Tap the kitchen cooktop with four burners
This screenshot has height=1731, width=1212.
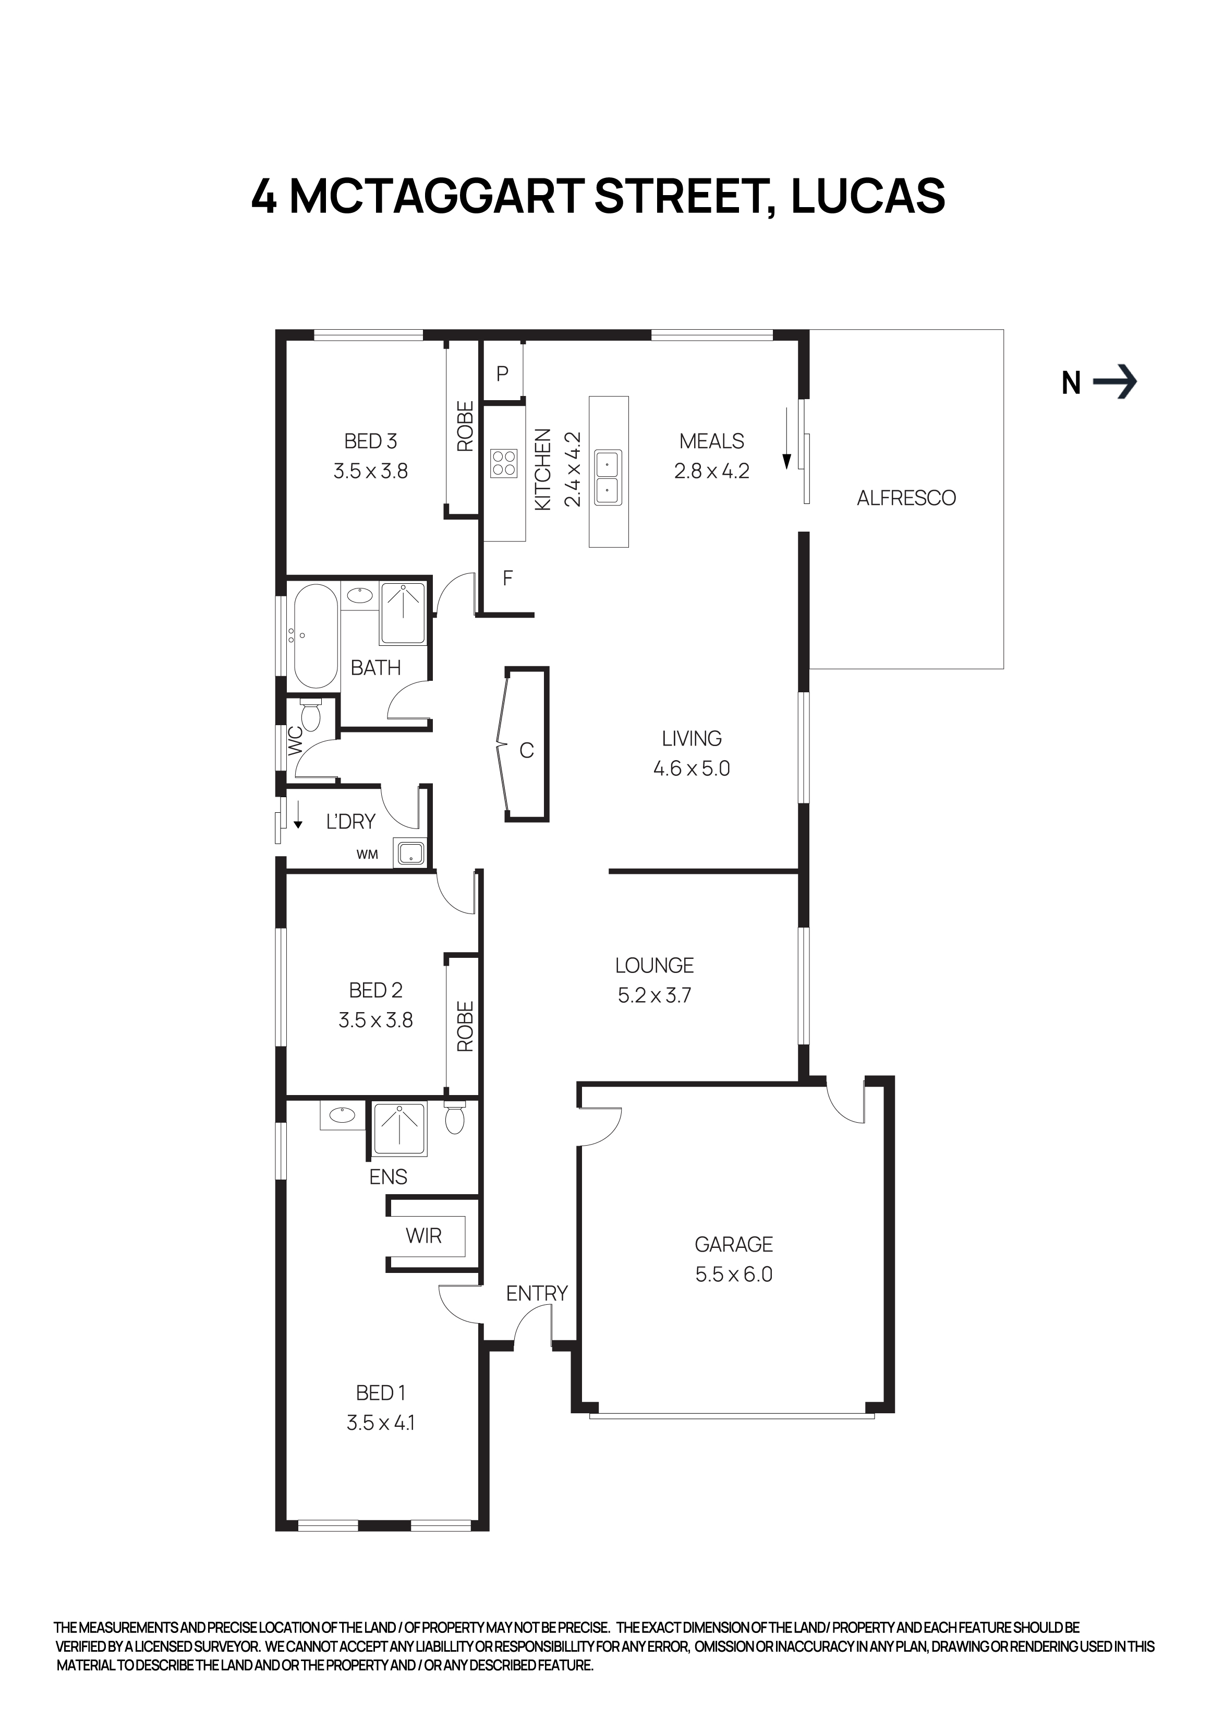tap(503, 463)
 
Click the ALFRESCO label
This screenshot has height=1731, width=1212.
tap(906, 498)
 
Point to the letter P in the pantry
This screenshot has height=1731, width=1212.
tap(503, 373)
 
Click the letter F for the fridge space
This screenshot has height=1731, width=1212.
tap(507, 578)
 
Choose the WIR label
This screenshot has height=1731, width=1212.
tap(423, 1236)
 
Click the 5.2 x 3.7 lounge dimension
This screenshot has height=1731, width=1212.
tap(654, 995)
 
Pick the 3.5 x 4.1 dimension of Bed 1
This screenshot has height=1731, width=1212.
tap(381, 1423)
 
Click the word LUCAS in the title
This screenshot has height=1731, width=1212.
tap(868, 196)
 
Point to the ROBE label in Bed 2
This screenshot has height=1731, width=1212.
tap(465, 1026)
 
